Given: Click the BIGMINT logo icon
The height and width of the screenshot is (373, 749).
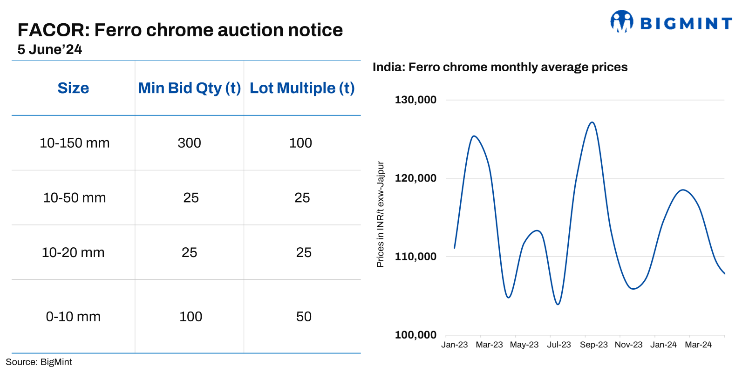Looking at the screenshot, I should tap(622, 21).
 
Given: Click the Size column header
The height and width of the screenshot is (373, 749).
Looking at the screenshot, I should tap(73, 88).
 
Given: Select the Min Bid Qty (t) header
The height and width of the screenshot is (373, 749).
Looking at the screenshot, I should tap(189, 88).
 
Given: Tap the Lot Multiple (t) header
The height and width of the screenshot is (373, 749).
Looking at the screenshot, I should tap(302, 88).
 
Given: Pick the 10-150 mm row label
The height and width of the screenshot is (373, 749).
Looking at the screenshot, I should tap(75, 143).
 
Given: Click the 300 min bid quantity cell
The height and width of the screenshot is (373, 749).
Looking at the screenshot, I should tap(189, 143).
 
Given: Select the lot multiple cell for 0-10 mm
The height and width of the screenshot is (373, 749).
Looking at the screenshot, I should tap(304, 317).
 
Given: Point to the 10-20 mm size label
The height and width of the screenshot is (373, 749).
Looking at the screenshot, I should tap(73, 252).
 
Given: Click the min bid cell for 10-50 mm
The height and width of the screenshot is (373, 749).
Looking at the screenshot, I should tap(191, 198).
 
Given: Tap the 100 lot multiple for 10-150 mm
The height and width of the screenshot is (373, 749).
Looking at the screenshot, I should tap(300, 143).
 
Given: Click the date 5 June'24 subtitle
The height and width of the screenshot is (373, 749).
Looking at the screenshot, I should tap(50, 50).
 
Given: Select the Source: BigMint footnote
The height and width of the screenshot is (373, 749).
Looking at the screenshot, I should tap(39, 362).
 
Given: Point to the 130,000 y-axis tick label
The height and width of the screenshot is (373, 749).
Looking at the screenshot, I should tap(415, 100).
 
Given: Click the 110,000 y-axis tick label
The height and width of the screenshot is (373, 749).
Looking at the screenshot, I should tap(415, 257).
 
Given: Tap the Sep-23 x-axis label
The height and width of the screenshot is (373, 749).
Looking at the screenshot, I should tap(593, 345).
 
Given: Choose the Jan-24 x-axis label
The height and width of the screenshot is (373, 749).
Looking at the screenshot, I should tap(663, 345).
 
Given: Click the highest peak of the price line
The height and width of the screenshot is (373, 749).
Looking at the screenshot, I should tap(592, 122).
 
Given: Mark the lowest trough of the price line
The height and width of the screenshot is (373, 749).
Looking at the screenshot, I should tap(558, 304).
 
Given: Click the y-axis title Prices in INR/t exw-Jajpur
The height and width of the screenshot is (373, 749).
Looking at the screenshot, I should tap(381, 214).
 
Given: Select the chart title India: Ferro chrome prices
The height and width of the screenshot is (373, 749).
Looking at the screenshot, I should tap(500, 67).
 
